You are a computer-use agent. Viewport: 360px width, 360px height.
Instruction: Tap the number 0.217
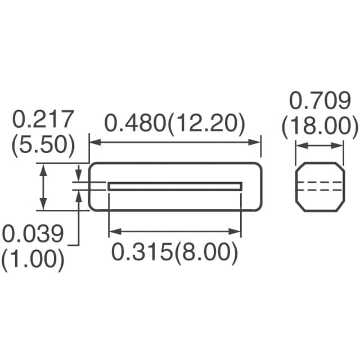[43, 120]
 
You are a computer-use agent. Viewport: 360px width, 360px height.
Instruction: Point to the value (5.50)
[43, 145]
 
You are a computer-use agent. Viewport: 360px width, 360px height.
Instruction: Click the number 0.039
[33, 233]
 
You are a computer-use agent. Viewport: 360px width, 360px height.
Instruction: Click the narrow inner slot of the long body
[174, 186]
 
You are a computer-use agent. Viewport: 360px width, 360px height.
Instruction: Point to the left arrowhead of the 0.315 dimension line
[112, 231]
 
